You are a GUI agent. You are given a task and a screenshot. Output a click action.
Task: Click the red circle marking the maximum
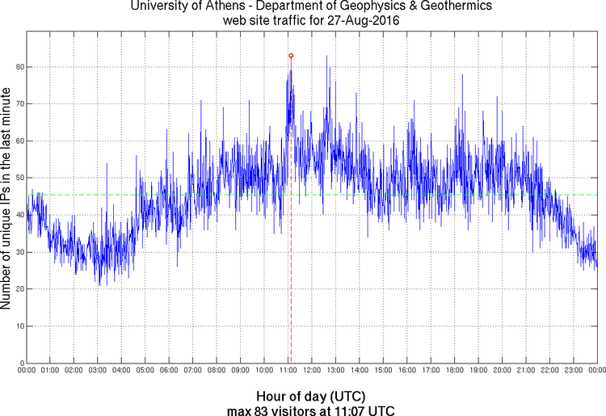click(291, 56)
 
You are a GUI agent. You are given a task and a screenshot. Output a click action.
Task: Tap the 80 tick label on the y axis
click(19, 66)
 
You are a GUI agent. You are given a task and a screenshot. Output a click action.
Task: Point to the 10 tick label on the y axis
click(19, 326)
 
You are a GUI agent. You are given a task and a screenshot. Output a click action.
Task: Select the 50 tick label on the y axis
click(19, 178)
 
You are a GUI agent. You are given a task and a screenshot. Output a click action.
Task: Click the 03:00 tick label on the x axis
click(97, 371)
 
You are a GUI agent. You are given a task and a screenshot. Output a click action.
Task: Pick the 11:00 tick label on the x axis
click(288, 371)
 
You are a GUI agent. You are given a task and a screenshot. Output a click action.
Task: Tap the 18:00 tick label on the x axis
click(454, 371)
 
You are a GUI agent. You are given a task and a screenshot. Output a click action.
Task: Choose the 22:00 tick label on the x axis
click(549, 371)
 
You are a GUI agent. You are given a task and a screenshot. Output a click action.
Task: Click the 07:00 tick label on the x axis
click(192, 371)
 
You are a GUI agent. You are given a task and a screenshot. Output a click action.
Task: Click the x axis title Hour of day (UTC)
click(311, 397)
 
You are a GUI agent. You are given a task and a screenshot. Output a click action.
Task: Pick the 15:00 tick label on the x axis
click(383, 371)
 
